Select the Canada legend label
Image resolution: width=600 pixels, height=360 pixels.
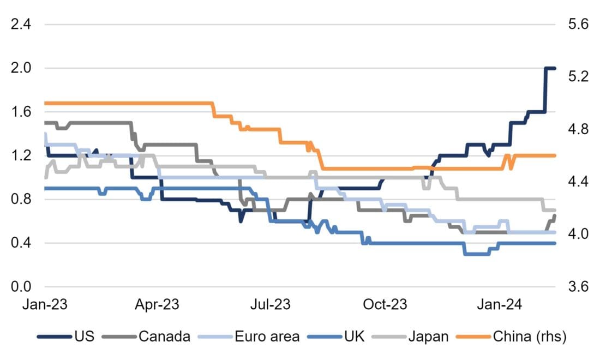164,337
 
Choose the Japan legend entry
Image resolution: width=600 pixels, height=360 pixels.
429,337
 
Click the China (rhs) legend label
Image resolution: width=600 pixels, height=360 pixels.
530,337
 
